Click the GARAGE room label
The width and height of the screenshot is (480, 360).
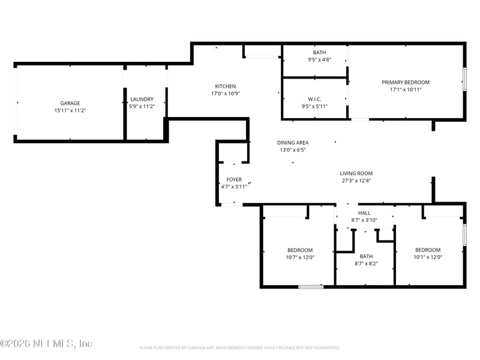click(70, 103)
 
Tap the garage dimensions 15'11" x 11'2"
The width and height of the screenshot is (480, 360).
click(70, 110)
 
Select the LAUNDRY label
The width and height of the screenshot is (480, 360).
click(142, 99)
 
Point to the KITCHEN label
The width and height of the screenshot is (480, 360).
click(226, 86)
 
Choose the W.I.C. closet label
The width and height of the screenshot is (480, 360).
click(316, 99)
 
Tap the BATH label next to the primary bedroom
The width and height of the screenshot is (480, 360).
click(319, 52)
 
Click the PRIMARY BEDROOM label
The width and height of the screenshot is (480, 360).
click(406, 82)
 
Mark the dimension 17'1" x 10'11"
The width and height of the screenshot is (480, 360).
click(406, 89)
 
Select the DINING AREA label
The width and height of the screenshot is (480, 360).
click(292, 142)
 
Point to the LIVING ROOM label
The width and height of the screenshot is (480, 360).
click(356, 173)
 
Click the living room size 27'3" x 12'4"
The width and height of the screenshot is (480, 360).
click(356, 181)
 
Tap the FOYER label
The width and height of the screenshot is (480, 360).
click(234, 179)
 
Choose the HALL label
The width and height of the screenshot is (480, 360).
click(364, 212)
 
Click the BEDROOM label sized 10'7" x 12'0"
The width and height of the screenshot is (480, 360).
click(299, 250)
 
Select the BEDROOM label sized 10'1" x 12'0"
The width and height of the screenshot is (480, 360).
click(428, 250)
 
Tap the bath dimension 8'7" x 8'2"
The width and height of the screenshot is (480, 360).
click(366, 263)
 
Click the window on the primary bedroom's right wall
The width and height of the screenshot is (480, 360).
click(464, 79)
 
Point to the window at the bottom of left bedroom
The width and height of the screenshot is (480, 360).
click(311, 287)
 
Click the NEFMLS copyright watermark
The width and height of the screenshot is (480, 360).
click(46, 344)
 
